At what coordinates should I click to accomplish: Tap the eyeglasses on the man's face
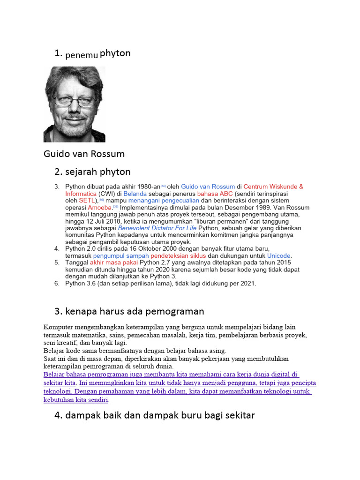click(x=74, y=100)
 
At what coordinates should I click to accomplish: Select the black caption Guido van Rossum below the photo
click(x=84, y=154)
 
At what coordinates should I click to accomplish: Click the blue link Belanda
click(x=135, y=194)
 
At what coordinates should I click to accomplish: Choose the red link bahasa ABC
click(x=215, y=194)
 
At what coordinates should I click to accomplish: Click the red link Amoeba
click(x=103, y=208)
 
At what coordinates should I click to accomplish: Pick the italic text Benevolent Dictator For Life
click(x=157, y=228)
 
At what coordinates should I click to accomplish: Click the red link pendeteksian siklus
click(x=178, y=256)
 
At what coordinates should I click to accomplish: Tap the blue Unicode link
click(x=278, y=256)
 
